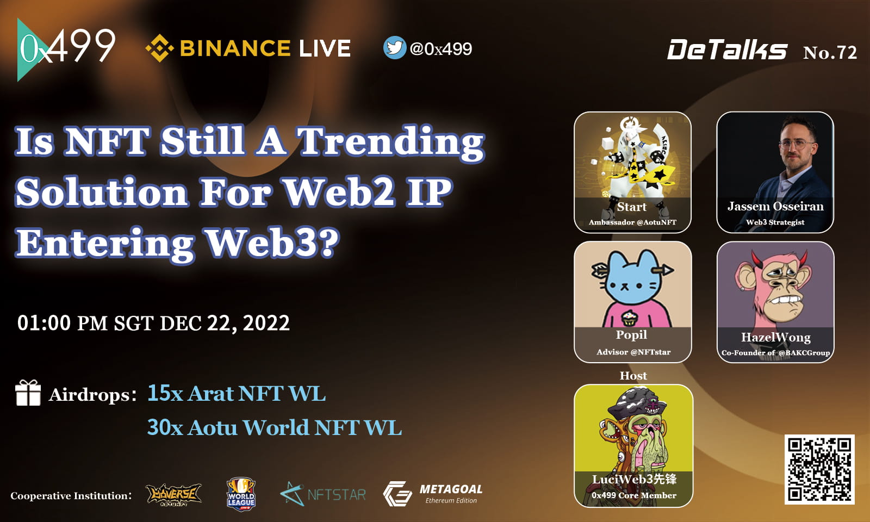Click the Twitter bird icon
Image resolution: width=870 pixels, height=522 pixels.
[x=394, y=48]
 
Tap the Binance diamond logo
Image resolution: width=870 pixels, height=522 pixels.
[x=159, y=48]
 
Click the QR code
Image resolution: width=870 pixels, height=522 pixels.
[x=819, y=469]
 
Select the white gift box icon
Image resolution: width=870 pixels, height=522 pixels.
[x=28, y=393]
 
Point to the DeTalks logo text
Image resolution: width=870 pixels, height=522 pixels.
[x=727, y=51]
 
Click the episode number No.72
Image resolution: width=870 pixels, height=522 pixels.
[x=830, y=52]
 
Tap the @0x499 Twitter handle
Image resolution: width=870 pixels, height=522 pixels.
[x=441, y=49]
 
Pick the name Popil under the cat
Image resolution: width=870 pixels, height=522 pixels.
[x=631, y=334]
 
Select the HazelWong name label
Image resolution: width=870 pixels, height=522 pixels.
[x=775, y=337]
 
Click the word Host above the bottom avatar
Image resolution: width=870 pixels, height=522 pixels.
[x=633, y=376]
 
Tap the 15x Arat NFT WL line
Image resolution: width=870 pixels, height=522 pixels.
[x=237, y=393]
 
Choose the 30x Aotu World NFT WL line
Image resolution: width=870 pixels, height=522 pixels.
[x=275, y=427]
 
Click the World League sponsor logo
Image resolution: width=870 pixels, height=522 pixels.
[x=241, y=494]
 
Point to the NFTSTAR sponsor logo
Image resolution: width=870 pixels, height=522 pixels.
[x=323, y=494]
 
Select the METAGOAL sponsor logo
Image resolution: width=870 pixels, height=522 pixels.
[x=433, y=493]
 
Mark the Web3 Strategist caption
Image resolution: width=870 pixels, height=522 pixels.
[x=775, y=222]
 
